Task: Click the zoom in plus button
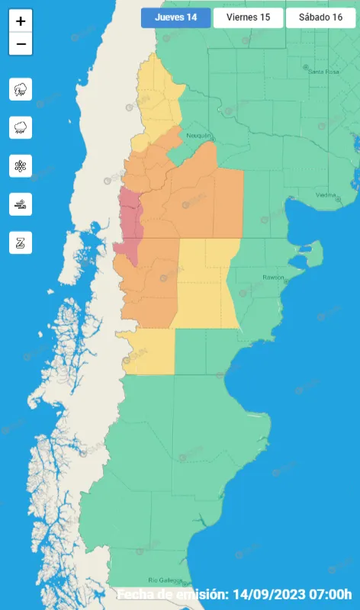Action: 21,21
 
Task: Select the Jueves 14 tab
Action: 175,18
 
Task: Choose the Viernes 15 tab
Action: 248,18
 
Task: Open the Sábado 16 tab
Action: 321,18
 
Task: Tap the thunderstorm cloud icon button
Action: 21,89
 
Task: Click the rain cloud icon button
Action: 21,127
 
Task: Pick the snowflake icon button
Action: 21,165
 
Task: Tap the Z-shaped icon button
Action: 21,242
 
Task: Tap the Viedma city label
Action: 326,195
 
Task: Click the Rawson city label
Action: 273,277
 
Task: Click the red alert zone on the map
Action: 130,217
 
